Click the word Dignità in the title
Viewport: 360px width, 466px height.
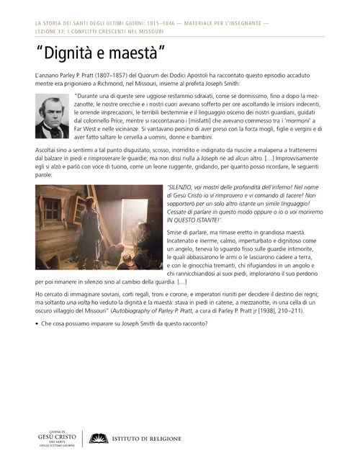tap(68, 52)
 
